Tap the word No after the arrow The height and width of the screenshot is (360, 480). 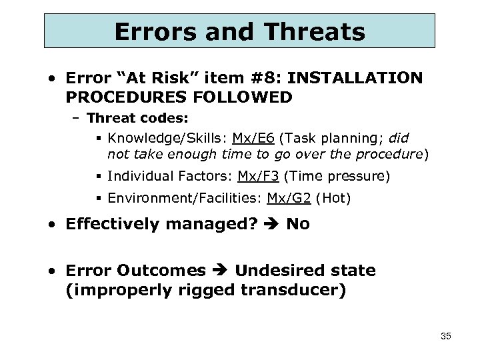297,224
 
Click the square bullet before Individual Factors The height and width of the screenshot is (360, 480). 98,177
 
